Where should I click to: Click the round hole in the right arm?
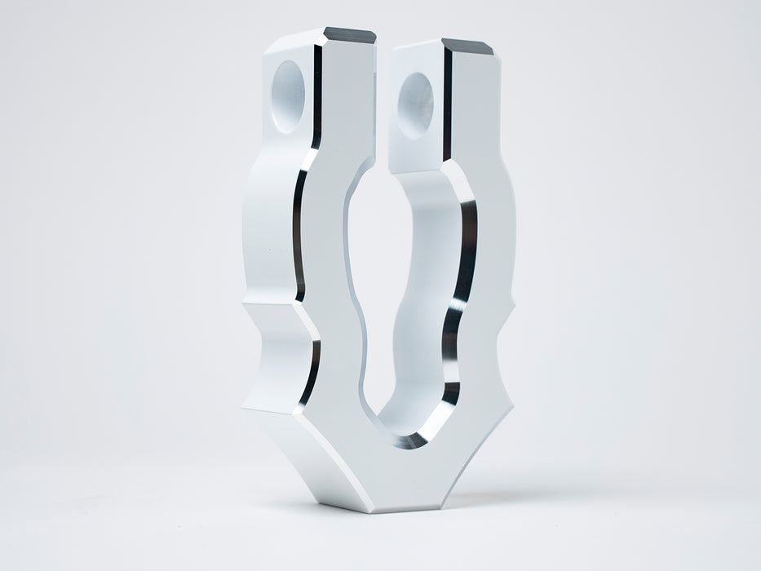pos(415,104)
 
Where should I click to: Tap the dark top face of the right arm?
pos(467,46)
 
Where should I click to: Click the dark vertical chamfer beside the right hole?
pos(446,106)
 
